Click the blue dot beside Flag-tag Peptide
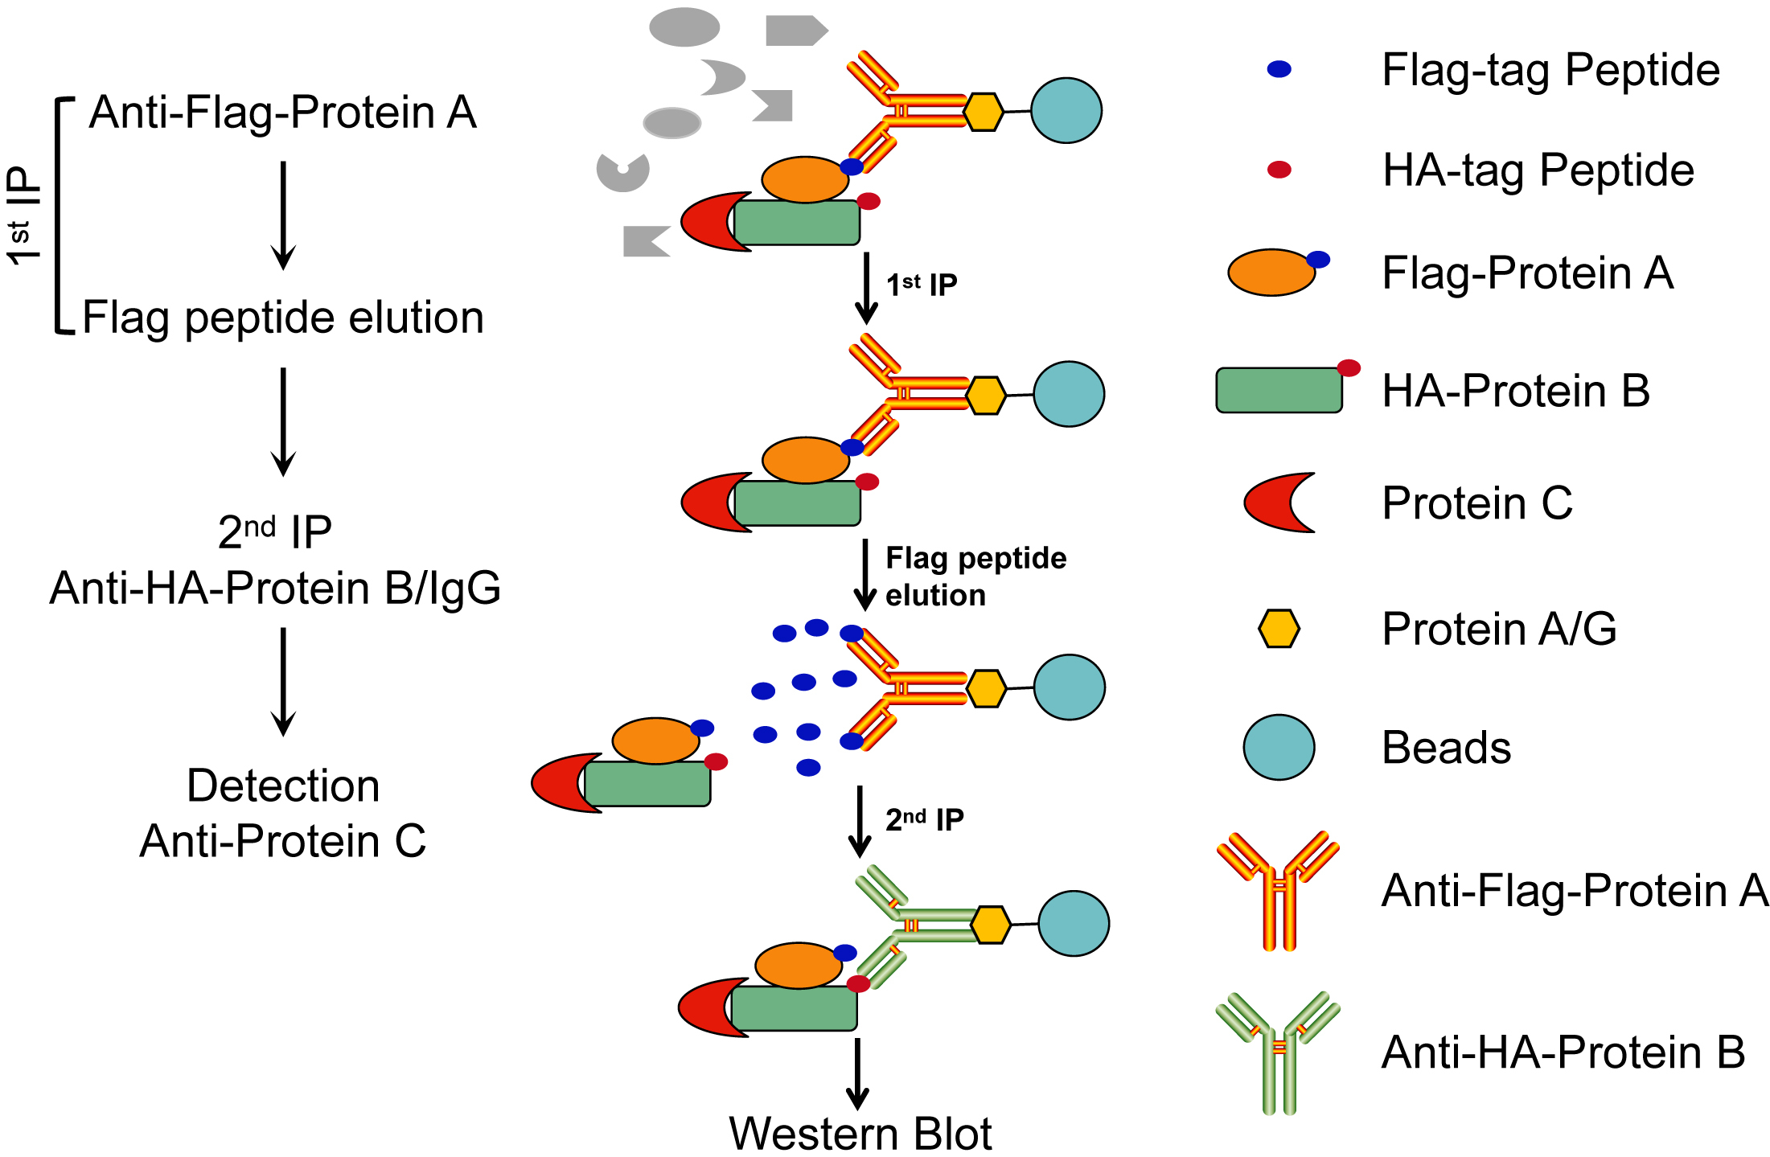point(1279,69)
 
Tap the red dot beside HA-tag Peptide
point(1279,170)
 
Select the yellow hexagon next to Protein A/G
point(1279,629)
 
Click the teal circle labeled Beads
point(1279,747)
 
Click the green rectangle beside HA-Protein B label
point(1279,391)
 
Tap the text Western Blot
point(860,1134)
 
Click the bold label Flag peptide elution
point(975,576)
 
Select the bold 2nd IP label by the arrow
point(924,819)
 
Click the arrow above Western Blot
point(857,1073)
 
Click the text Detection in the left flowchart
point(283,786)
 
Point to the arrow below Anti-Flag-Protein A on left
point(283,215)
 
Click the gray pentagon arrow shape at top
point(795,31)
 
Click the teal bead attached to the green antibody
point(1073,923)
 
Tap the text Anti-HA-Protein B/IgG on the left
point(275,588)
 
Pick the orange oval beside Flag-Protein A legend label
point(1271,273)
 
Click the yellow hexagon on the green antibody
point(991,925)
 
